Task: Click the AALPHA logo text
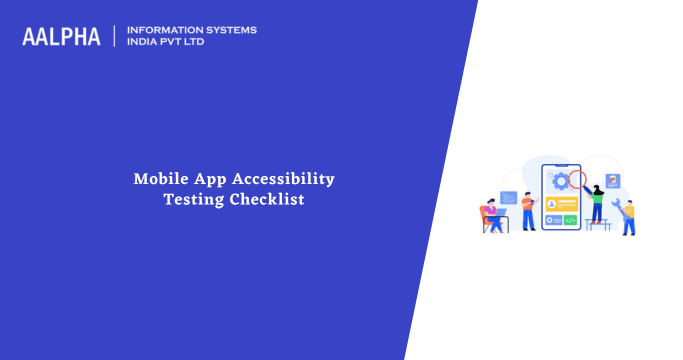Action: (x=61, y=36)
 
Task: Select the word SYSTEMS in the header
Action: (x=229, y=30)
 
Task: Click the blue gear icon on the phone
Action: (x=560, y=181)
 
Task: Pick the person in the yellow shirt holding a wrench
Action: (x=628, y=217)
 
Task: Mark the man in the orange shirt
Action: (x=527, y=211)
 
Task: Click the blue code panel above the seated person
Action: (x=509, y=197)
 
